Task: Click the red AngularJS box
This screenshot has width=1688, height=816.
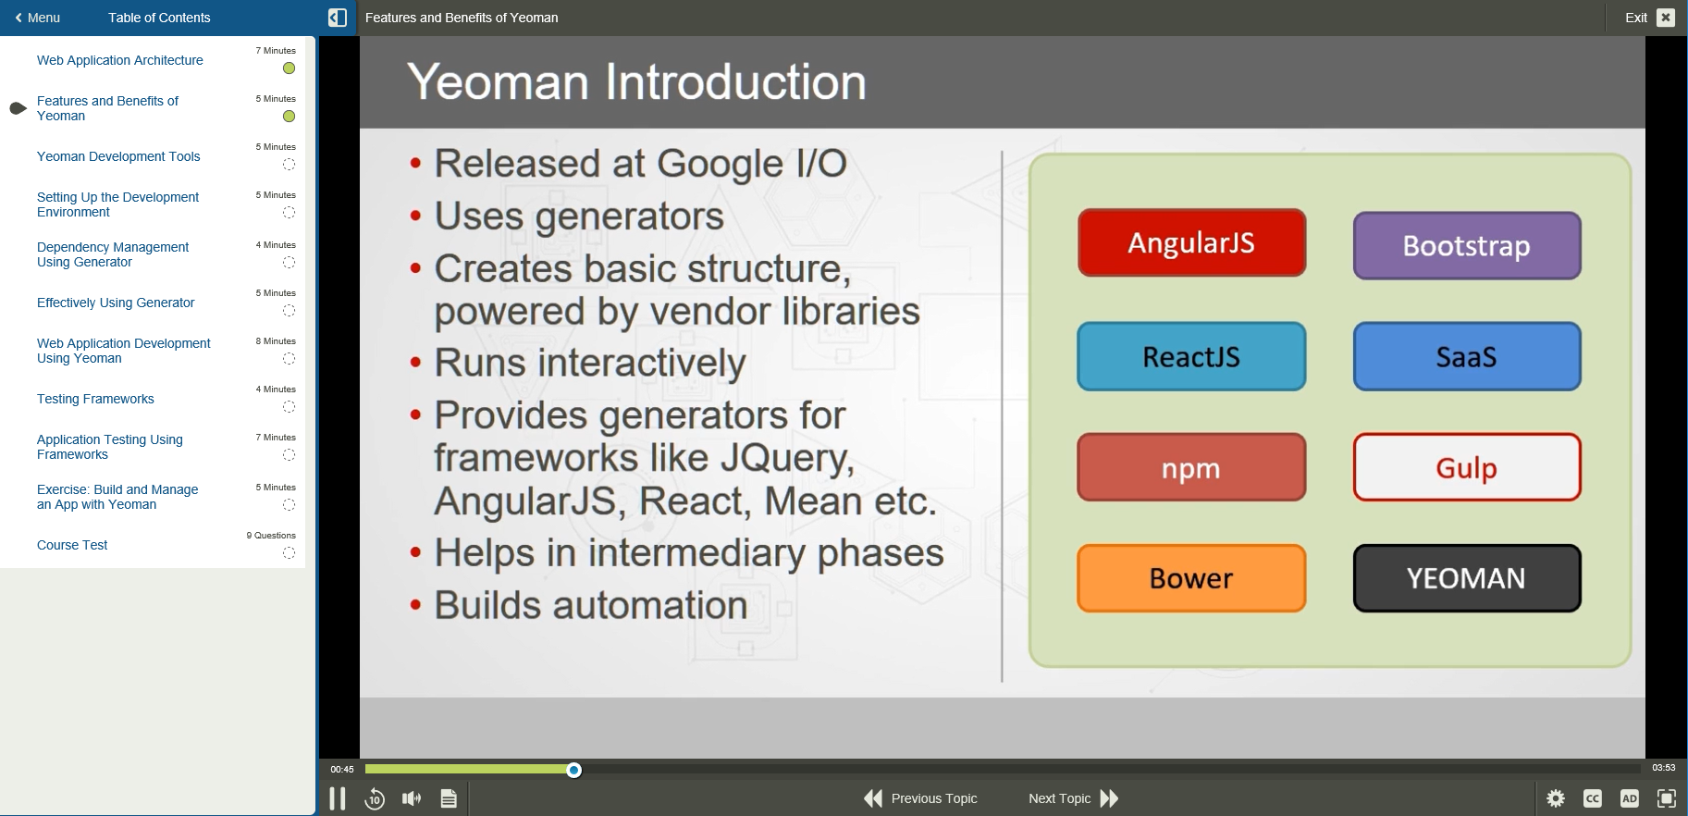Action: (1191, 242)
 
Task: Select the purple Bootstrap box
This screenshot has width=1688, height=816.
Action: (1466, 246)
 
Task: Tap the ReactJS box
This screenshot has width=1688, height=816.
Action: (1191, 356)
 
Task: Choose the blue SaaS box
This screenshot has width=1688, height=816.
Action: (1466, 356)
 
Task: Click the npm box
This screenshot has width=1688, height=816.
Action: (1191, 467)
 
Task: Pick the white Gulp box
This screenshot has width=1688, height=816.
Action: (1466, 467)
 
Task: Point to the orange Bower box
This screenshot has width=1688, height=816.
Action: (1191, 578)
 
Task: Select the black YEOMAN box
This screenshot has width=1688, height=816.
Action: (1466, 578)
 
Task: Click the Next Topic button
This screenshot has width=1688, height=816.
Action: (1074, 798)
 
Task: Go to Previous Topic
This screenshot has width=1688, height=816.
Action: (920, 798)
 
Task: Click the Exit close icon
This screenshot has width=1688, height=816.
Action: (1666, 18)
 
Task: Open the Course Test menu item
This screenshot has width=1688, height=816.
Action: (72, 545)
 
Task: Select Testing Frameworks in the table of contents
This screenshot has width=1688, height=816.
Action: (95, 399)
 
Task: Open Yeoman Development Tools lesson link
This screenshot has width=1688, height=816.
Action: (118, 156)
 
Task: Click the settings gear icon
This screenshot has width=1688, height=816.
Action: (1556, 798)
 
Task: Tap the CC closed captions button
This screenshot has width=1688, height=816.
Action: (1593, 798)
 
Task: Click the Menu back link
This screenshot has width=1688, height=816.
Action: (38, 18)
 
